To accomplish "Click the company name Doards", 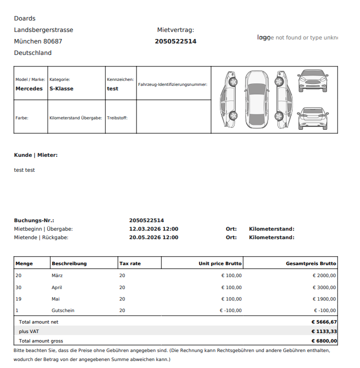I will (24, 18).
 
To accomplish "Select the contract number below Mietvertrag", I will (175, 41).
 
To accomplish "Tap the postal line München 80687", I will (38, 41).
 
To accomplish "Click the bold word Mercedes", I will (29, 88).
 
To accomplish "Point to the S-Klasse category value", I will (61, 88).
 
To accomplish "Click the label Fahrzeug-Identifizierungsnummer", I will (172, 84).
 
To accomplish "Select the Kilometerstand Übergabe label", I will (75, 118).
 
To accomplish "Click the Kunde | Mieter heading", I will (35, 155).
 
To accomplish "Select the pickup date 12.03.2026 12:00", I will (153, 229).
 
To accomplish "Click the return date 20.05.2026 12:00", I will (153, 238).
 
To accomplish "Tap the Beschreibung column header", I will (69, 264).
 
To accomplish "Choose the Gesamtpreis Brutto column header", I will (310, 264).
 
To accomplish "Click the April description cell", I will (56, 288).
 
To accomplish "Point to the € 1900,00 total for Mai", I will (324, 299).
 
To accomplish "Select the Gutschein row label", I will (63, 311).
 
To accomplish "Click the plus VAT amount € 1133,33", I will (323, 332).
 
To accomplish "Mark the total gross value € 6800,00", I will (323, 341).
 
